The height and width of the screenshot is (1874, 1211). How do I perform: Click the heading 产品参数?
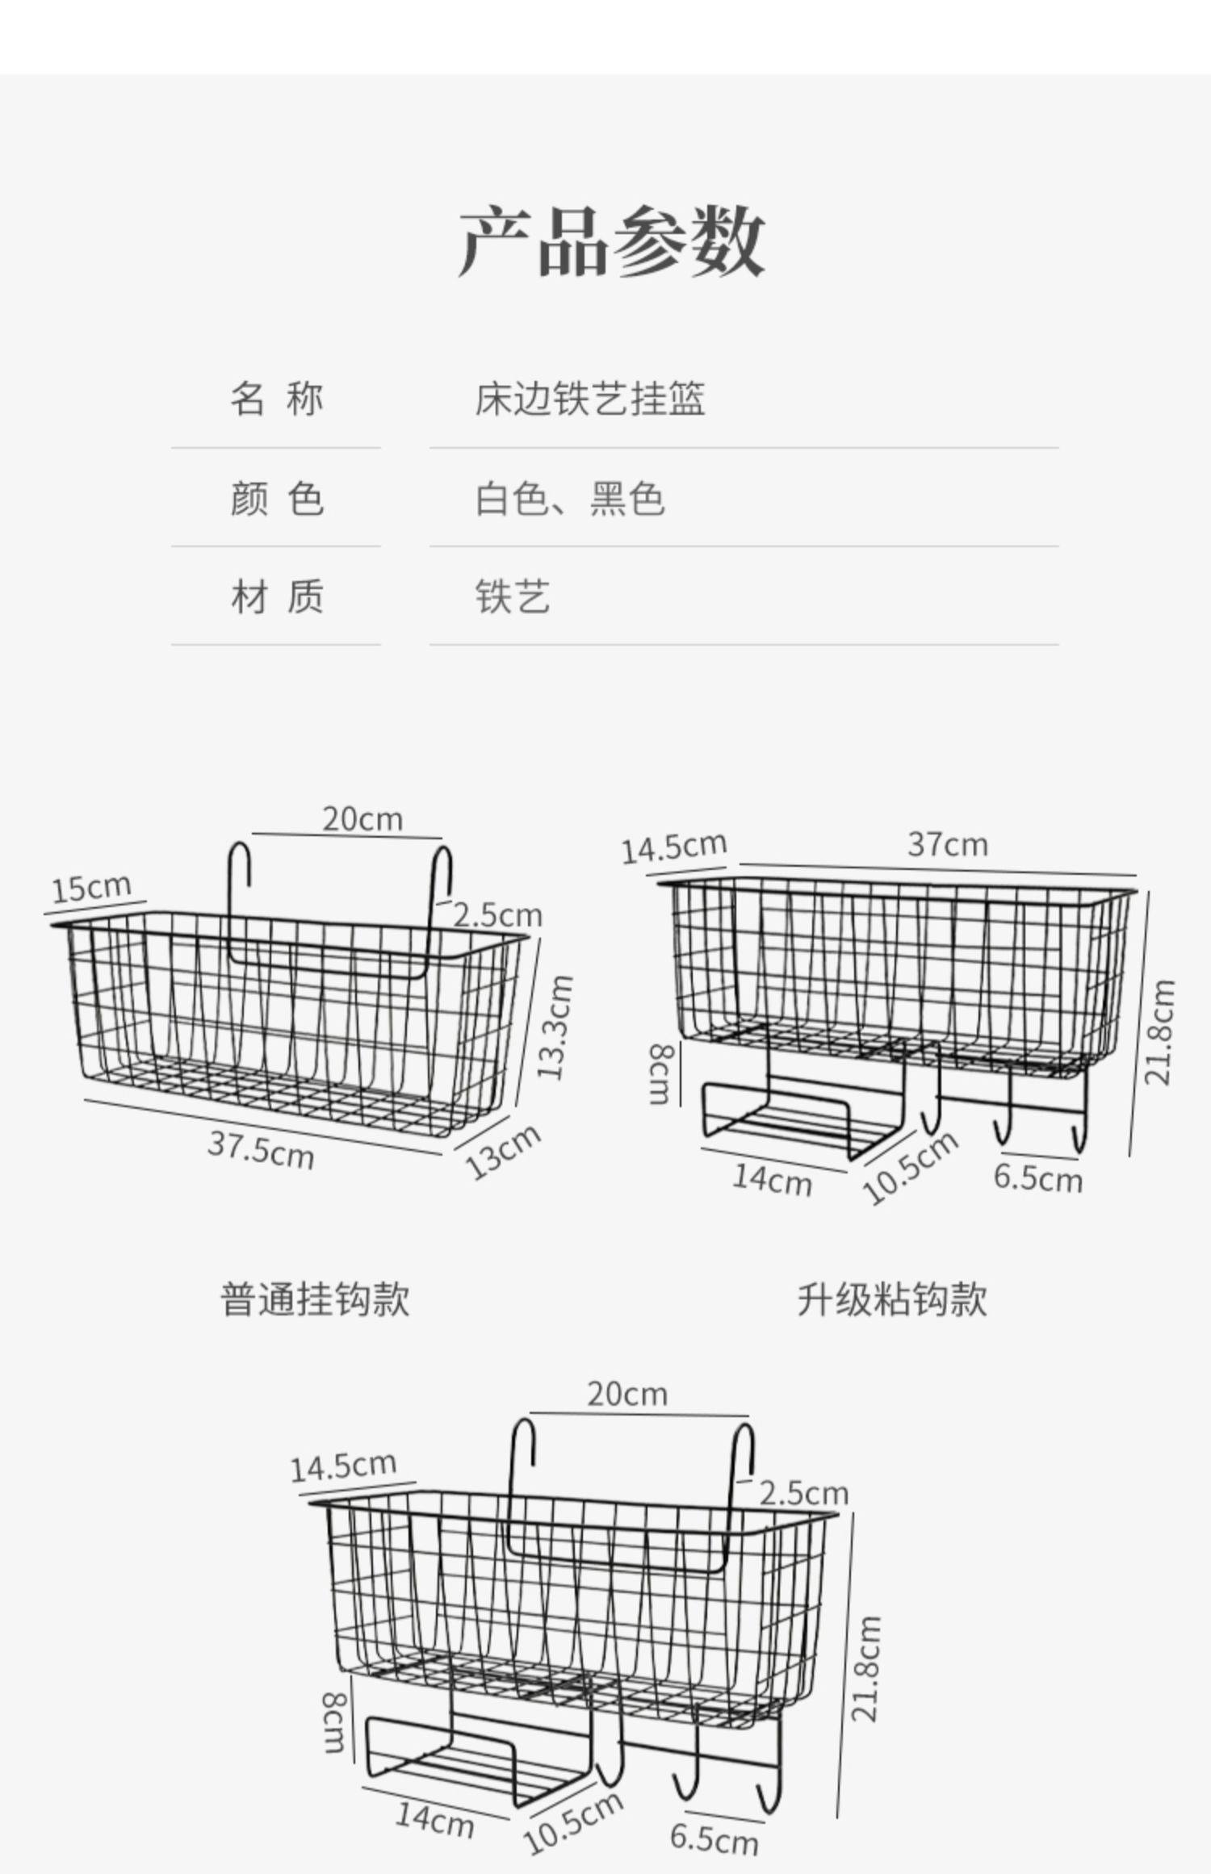(x=611, y=241)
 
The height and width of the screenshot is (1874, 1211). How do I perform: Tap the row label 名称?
(x=276, y=399)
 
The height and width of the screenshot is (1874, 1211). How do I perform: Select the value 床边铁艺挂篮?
(x=589, y=399)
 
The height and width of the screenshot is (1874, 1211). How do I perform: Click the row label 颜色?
(x=276, y=498)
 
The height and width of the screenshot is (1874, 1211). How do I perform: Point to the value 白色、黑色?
(x=570, y=498)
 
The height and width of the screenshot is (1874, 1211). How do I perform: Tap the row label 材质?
(x=276, y=597)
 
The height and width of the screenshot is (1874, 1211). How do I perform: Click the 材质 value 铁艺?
(x=512, y=597)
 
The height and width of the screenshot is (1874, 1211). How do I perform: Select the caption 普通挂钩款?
(x=315, y=1299)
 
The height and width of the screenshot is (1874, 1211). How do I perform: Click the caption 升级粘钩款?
(x=891, y=1299)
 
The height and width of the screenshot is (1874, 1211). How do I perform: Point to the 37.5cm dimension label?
(x=261, y=1149)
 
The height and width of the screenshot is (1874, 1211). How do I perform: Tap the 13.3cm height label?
(x=555, y=1027)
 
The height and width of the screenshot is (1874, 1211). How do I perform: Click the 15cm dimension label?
(x=91, y=888)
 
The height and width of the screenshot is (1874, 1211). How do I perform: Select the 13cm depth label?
(x=502, y=1151)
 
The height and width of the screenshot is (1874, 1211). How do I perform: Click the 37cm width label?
(x=947, y=844)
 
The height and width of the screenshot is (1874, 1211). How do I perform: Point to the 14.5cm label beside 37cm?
(x=673, y=847)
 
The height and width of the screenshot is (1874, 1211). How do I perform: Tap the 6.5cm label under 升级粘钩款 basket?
(x=1037, y=1178)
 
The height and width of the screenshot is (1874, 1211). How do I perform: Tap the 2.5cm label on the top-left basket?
(x=497, y=915)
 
